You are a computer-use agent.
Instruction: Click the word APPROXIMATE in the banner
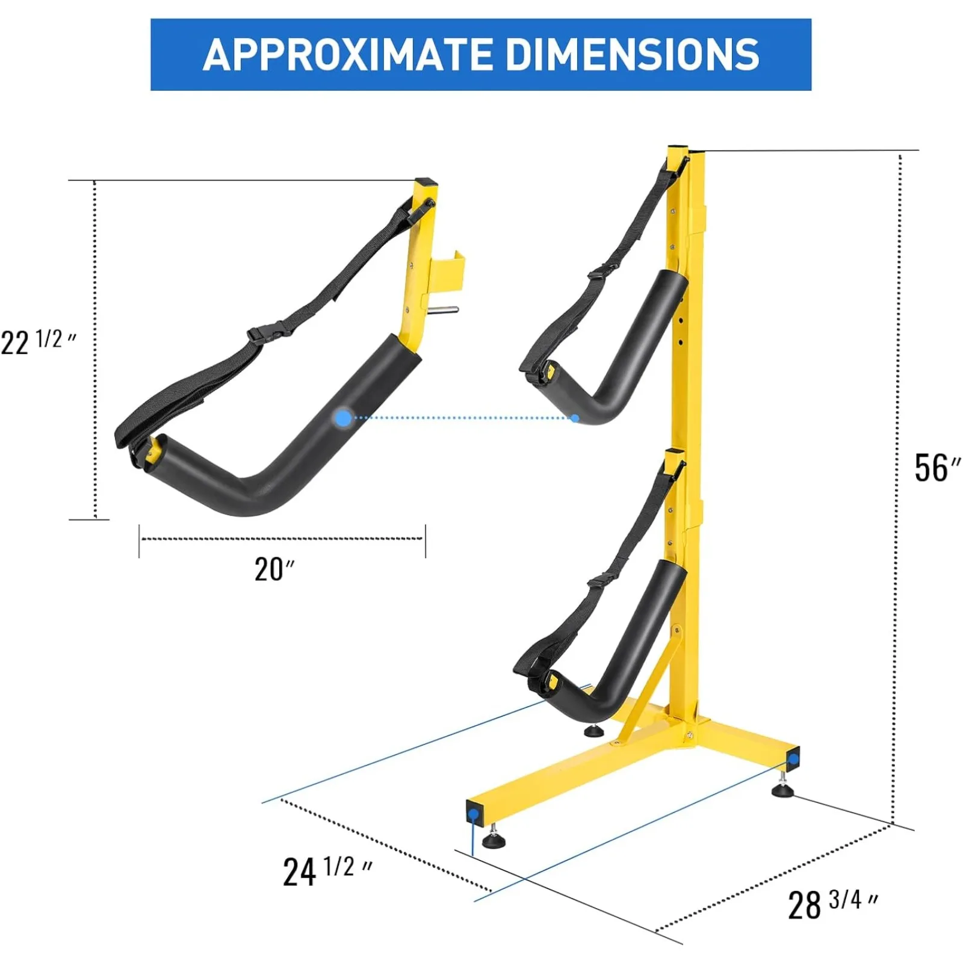click(x=348, y=55)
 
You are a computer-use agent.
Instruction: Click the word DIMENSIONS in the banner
click(x=633, y=55)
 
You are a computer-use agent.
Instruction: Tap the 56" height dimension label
click(x=937, y=468)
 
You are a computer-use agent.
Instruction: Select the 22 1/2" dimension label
click(x=38, y=341)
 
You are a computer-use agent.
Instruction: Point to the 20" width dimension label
click(x=274, y=569)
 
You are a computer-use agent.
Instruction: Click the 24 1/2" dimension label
click(x=327, y=871)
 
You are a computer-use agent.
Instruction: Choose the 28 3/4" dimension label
click(x=832, y=903)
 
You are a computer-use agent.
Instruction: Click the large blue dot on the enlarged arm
click(x=343, y=418)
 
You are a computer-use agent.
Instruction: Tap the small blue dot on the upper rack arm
click(x=575, y=418)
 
